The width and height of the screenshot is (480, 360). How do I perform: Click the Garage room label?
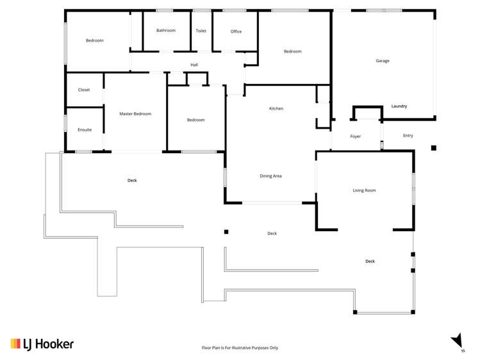383,61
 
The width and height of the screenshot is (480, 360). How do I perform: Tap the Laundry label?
399,106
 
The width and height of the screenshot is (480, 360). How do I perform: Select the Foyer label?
356,136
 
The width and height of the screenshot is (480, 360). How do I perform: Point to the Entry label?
408,136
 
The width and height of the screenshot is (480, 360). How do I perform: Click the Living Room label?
364,190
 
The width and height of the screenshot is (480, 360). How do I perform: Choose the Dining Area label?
270,176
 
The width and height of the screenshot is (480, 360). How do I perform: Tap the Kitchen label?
276,109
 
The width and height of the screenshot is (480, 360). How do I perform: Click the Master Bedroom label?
135,114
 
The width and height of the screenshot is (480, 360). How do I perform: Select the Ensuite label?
85,130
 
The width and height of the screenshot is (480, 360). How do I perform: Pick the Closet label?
84,90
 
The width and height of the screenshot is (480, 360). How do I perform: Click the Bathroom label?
166,31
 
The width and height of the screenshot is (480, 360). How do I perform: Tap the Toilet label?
201,31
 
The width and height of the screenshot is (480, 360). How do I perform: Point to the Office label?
236,31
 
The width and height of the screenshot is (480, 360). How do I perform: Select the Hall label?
194,65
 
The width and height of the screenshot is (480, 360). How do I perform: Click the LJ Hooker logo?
42,344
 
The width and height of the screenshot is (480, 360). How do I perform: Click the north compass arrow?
457,340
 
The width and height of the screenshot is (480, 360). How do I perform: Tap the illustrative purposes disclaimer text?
240,348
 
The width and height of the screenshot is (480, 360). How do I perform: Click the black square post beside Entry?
434,148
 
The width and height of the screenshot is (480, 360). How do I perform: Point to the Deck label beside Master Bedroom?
132,181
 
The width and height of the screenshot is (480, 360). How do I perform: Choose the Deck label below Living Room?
370,261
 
